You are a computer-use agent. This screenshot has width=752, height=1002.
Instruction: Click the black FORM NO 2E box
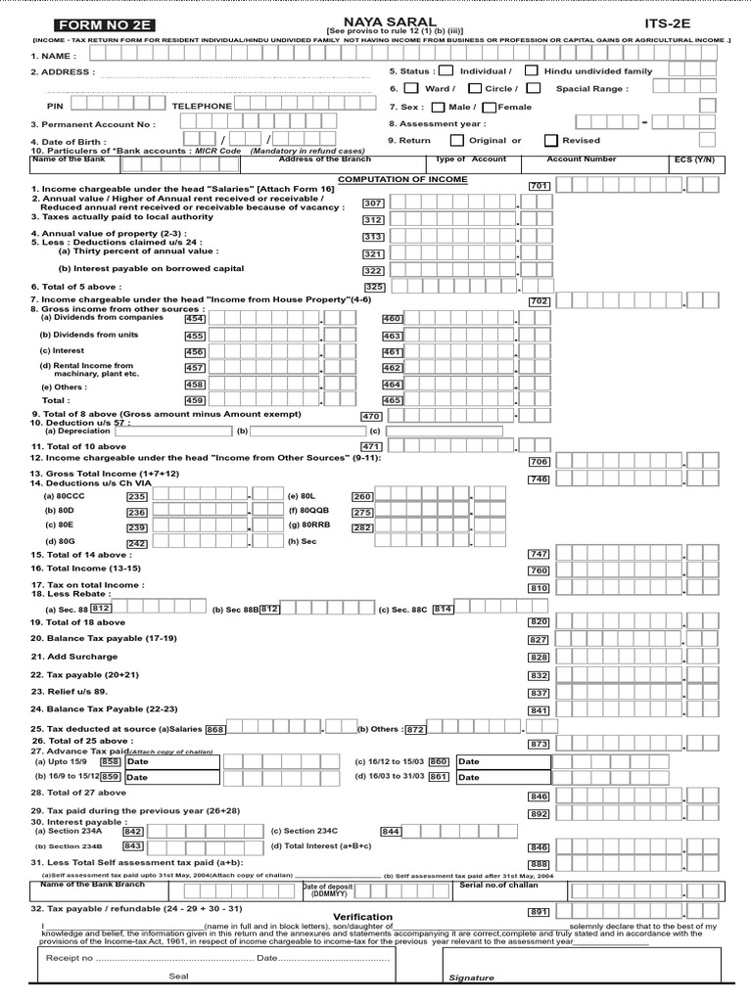pos(97,24)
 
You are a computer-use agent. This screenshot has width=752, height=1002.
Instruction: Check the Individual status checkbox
pos(446,70)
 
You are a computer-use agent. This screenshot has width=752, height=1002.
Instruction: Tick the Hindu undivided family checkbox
pos(531,70)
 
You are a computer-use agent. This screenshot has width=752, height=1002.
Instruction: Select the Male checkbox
pos(438,107)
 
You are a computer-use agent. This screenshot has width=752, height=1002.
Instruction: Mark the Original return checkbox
pos(456,140)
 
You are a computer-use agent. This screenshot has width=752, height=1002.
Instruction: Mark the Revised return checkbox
pos(551,140)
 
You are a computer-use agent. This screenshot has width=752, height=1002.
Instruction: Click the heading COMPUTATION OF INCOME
pos(389,179)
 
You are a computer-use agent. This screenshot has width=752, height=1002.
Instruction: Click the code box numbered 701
pos(539,186)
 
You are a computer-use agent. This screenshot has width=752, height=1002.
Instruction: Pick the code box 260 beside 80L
pos(362,496)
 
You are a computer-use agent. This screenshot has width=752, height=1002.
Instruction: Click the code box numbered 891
pos(539,911)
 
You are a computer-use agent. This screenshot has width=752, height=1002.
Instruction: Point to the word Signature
pos(471,978)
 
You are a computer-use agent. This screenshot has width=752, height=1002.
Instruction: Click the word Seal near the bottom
pos(178,976)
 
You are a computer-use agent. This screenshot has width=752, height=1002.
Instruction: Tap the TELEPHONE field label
pos(202,106)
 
